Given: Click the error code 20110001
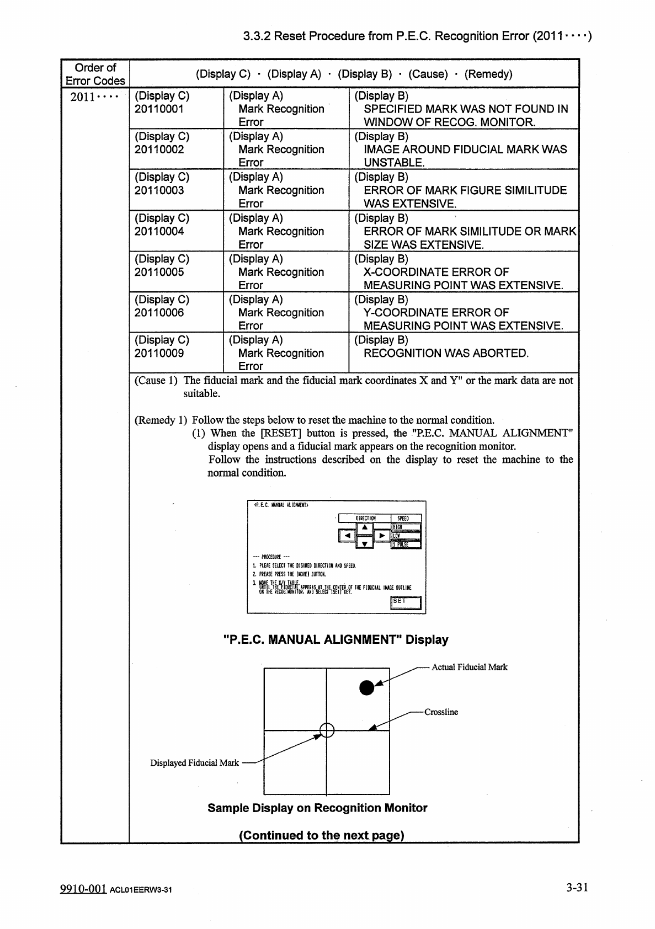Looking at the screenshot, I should [x=159, y=109].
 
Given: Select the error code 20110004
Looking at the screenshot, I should [x=159, y=232].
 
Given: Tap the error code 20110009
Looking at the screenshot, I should [x=159, y=354].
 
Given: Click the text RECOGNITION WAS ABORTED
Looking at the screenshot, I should [x=446, y=354].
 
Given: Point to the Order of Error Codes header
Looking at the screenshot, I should [x=95, y=74].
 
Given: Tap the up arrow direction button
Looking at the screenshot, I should [x=364, y=527].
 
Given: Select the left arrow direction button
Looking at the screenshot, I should [x=347, y=536].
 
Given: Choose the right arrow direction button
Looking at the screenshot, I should [x=382, y=536].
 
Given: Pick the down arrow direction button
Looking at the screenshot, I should [x=364, y=544].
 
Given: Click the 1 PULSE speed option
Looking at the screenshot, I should [x=406, y=544].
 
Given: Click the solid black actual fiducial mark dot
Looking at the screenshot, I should [x=366, y=687].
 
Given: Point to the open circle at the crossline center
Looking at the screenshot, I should [x=327, y=730].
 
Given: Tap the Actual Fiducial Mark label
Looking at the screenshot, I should [x=469, y=668].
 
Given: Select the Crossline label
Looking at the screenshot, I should [x=441, y=712].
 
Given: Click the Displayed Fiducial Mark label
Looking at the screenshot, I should [x=194, y=763].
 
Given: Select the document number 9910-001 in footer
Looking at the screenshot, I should [x=83, y=889].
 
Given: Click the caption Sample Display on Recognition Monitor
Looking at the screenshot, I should [x=317, y=808].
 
